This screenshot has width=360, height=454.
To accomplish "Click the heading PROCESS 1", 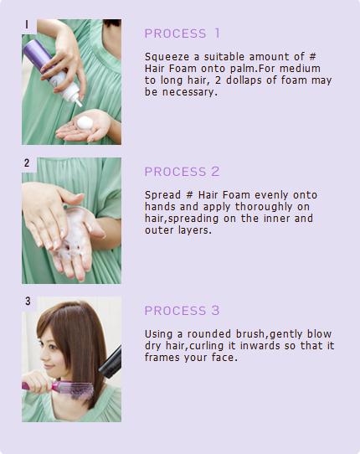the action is point(182,34).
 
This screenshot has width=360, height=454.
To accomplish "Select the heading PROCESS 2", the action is point(182,172).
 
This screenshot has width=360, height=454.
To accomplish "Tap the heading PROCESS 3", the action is point(182,311).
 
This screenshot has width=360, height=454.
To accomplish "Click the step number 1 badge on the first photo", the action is point(27,24).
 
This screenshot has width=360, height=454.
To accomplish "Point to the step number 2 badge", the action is point(27,163).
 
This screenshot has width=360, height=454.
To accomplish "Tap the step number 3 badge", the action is point(28,301).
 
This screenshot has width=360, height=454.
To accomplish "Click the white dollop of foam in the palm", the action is point(85,123).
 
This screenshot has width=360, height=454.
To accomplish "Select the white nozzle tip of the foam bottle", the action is point(78,102).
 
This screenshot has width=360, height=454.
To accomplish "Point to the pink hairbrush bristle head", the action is point(77,390).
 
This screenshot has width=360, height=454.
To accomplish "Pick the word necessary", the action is point(189,92).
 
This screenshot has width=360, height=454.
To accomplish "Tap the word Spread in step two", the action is point(162,195).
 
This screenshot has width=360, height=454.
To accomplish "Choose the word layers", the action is point(191,230).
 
